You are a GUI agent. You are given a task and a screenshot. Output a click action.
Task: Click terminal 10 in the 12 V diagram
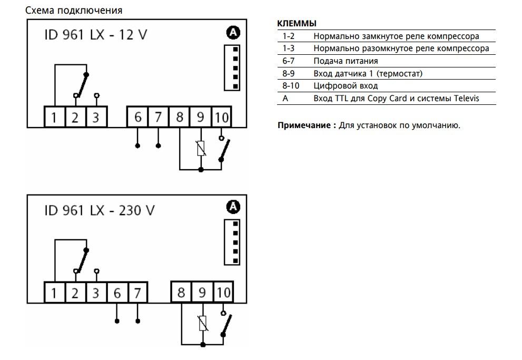[x=222, y=117]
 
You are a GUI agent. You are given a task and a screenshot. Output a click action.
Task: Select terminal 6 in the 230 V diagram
[x=117, y=293]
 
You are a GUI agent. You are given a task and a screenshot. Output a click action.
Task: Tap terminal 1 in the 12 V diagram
[x=54, y=117]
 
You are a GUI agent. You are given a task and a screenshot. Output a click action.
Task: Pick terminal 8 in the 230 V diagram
[x=181, y=293]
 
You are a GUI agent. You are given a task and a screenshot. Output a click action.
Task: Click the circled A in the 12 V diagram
[x=233, y=32]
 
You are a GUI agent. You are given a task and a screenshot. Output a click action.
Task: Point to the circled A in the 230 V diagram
[x=233, y=207]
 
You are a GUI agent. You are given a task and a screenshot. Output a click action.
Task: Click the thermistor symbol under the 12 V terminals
[x=201, y=149]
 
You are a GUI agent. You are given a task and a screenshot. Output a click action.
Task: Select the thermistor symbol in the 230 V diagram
[x=203, y=323]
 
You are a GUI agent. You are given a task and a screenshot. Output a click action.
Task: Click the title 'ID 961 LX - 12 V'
[x=96, y=35]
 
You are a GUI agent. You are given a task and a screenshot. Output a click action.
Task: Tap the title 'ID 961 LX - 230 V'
[x=100, y=210]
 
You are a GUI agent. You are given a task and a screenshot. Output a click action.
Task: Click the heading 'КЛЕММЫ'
[x=297, y=23]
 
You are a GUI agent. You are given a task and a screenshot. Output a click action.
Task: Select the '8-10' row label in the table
[x=291, y=85]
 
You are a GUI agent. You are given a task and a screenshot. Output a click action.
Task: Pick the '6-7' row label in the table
[x=288, y=61]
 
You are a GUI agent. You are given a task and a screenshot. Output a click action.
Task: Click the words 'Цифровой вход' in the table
[x=346, y=86]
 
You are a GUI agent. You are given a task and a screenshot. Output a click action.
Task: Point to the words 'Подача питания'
[x=346, y=61]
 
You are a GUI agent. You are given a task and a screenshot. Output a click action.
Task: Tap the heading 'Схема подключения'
[x=74, y=11]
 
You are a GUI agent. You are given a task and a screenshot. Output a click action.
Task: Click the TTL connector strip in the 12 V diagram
[x=232, y=67]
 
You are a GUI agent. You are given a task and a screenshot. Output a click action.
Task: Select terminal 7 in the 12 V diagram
[x=158, y=117]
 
